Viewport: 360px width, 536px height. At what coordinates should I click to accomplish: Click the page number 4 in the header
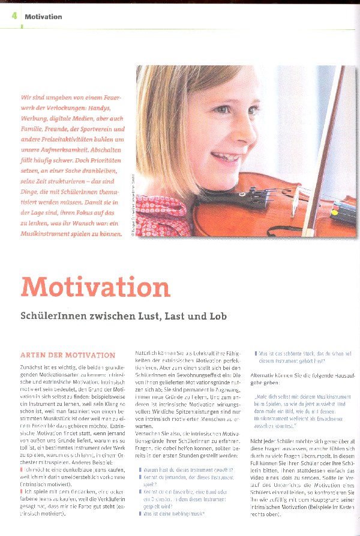(14, 16)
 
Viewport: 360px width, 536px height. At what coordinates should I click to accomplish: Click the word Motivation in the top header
(43, 17)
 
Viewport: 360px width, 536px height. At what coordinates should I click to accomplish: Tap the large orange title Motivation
(95, 287)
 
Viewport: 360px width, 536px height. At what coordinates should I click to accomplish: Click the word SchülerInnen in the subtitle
(52, 315)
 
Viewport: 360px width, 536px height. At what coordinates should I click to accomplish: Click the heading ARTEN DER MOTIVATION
(68, 356)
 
